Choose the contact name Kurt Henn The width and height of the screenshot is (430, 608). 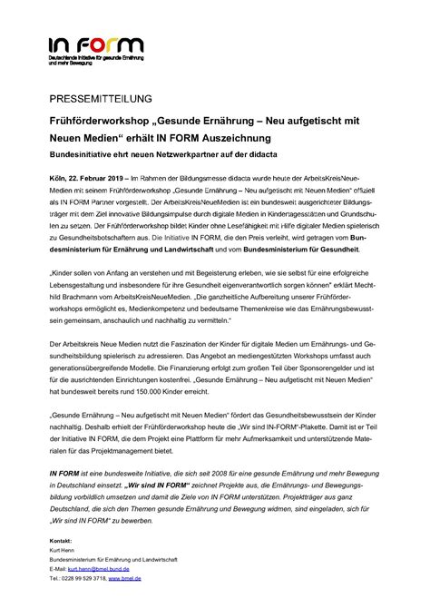click(x=63, y=550)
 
